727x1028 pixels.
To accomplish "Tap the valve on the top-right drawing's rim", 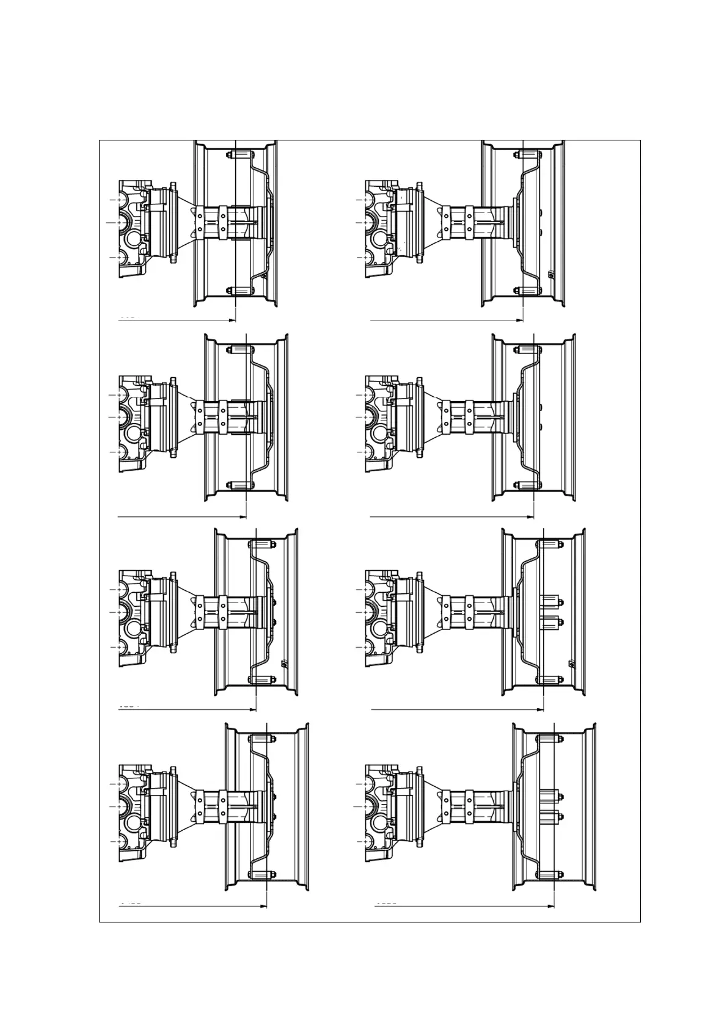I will (550, 275).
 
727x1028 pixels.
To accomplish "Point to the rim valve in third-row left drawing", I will (283, 663).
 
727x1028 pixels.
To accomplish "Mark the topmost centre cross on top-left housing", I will (120, 200).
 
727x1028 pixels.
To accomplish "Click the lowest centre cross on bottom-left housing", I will (120, 842).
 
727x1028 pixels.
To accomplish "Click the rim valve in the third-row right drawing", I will (571, 663).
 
